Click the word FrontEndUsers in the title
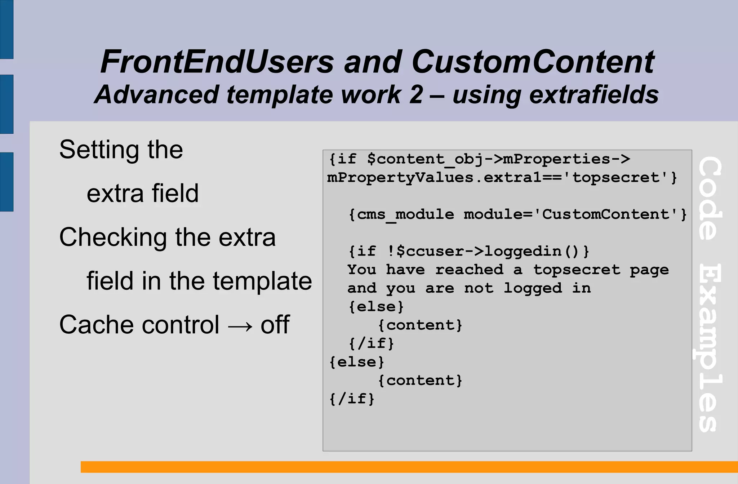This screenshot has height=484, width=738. click(217, 62)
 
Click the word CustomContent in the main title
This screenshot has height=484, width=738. click(533, 62)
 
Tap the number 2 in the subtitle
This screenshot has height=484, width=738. click(416, 95)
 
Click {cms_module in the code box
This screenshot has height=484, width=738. click(401, 215)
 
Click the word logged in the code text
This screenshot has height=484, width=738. click(533, 288)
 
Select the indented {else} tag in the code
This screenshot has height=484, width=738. click(376, 307)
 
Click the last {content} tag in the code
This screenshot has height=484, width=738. click(420, 381)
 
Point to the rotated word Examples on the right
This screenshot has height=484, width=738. click(709, 348)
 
